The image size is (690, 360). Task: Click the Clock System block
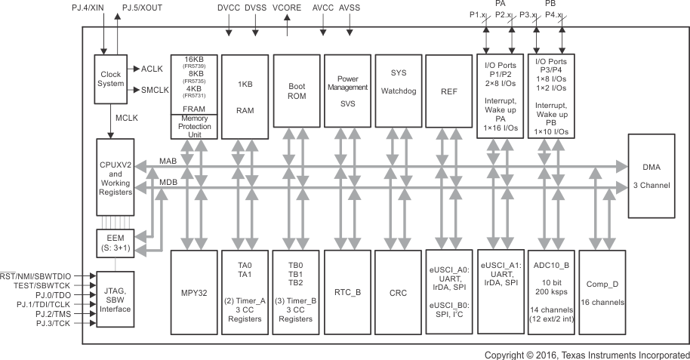[110, 78]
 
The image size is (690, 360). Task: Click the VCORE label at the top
[288, 7]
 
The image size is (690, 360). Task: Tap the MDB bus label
[168, 182]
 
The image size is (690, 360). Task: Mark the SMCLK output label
[156, 91]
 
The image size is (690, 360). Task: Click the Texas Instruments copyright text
[587, 354]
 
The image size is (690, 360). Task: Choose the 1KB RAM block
[244, 97]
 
